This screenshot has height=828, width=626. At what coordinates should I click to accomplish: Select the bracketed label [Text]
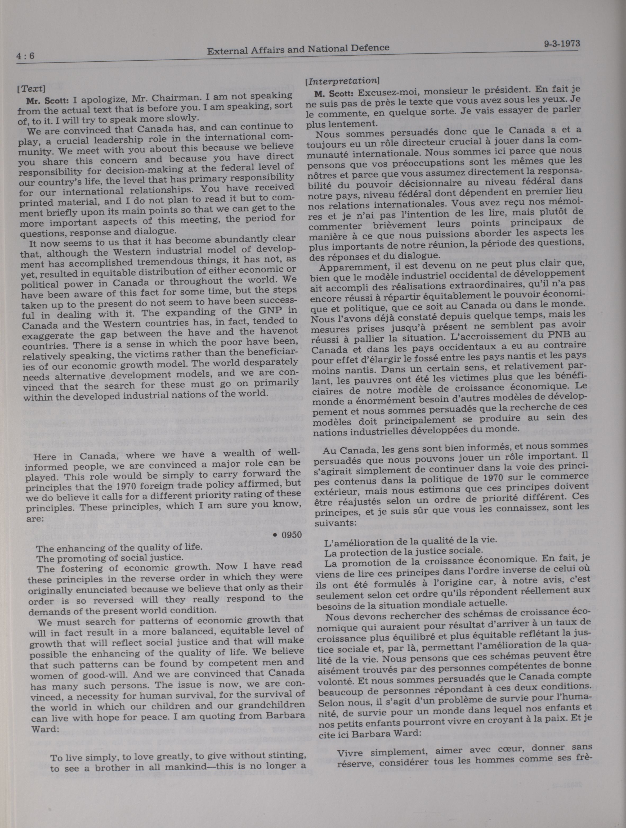pyautogui.click(x=31, y=89)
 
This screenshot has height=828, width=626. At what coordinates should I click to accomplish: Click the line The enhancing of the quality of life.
pyautogui.click(x=119, y=548)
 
